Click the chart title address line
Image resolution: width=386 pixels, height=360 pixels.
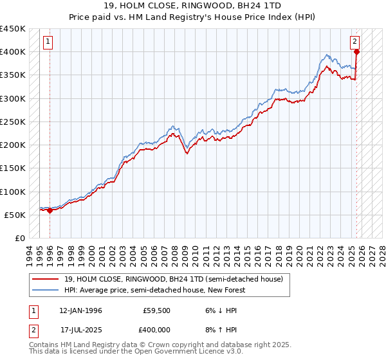click(192, 7)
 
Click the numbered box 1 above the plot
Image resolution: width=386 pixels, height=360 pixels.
click(49, 42)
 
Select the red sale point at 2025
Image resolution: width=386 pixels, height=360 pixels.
click(356, 52)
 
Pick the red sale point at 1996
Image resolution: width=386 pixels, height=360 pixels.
click(50, 210)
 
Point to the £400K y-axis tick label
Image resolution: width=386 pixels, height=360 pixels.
click(12, 52)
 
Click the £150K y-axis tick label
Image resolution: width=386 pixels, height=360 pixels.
click(12, 168)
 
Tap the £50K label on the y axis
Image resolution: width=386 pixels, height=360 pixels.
click(15, 215)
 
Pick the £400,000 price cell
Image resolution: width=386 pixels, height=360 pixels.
click(156, 330)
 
